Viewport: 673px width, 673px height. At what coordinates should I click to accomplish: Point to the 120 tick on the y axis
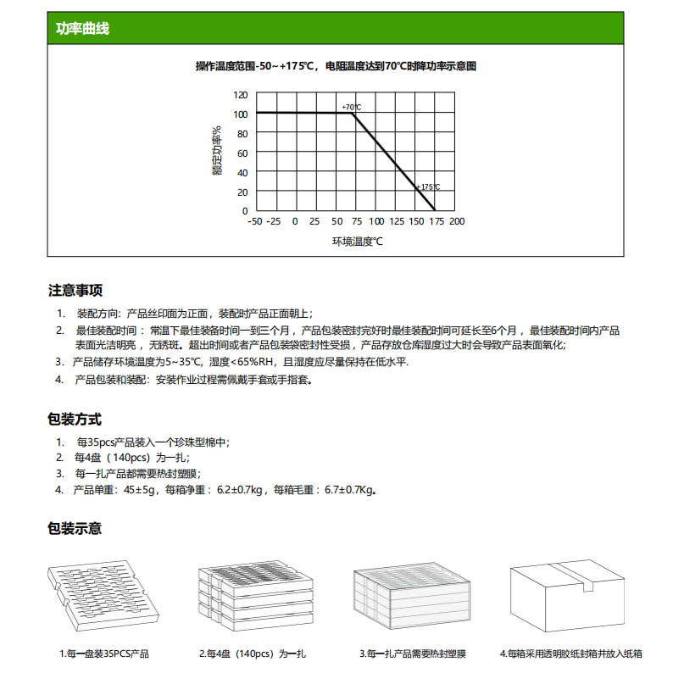click(242, 95)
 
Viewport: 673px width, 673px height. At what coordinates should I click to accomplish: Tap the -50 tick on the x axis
click(254, 221)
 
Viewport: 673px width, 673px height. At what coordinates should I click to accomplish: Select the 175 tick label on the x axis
click(437, 221)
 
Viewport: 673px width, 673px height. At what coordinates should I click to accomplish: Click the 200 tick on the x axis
click(457, 221)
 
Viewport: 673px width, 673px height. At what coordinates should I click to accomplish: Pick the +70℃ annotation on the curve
click(351, 107)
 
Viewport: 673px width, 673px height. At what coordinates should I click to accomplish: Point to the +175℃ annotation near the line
click(427, 186)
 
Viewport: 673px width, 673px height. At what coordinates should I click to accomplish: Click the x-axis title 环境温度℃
click(357, 242)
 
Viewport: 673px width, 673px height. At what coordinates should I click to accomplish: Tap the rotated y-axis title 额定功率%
click(217, 153)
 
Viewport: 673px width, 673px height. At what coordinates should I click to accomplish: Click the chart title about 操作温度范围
click(336, 66)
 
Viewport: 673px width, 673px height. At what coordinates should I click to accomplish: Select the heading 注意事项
click(75, 291)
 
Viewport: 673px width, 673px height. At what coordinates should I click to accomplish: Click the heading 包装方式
click(75, 419)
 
